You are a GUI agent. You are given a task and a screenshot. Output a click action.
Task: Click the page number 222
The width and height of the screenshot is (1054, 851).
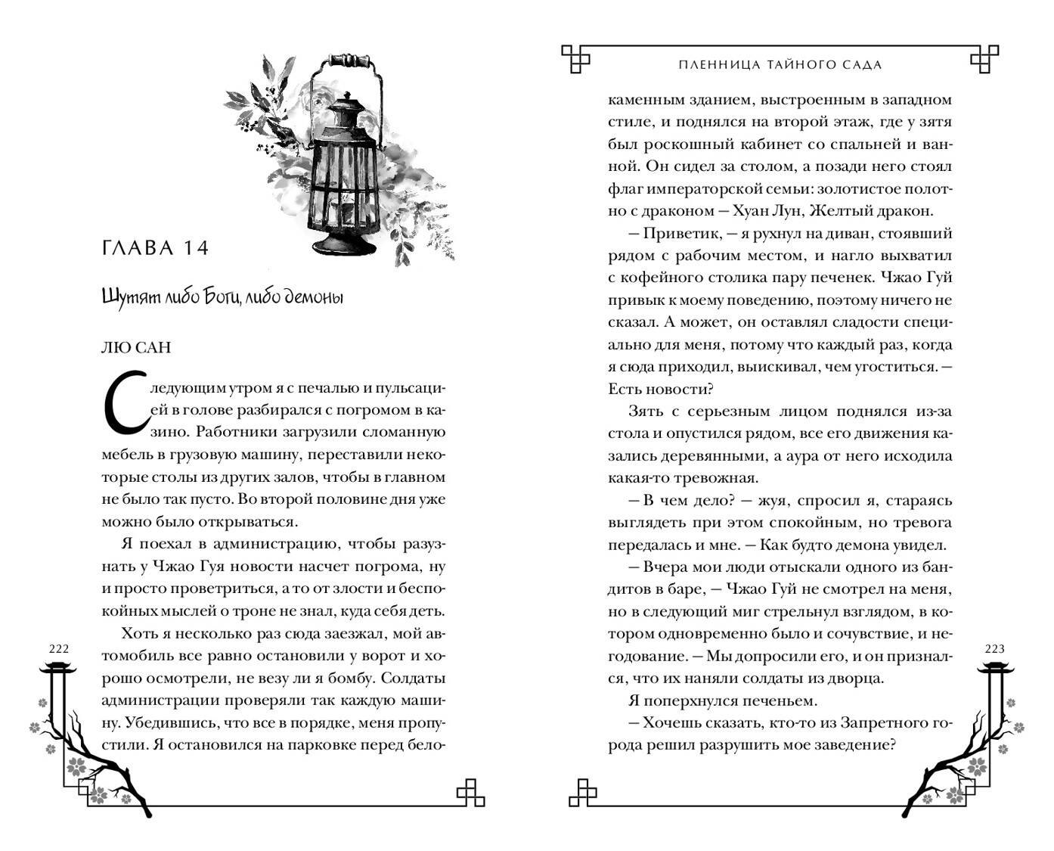[58, 649]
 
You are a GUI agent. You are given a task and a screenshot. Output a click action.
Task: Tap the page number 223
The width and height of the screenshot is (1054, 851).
[995, 649]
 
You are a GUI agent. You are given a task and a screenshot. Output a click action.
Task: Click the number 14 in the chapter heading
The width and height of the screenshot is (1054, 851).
[193, 248]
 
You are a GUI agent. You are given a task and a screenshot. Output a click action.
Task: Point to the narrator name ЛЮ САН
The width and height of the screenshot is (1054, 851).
[136, 347]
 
